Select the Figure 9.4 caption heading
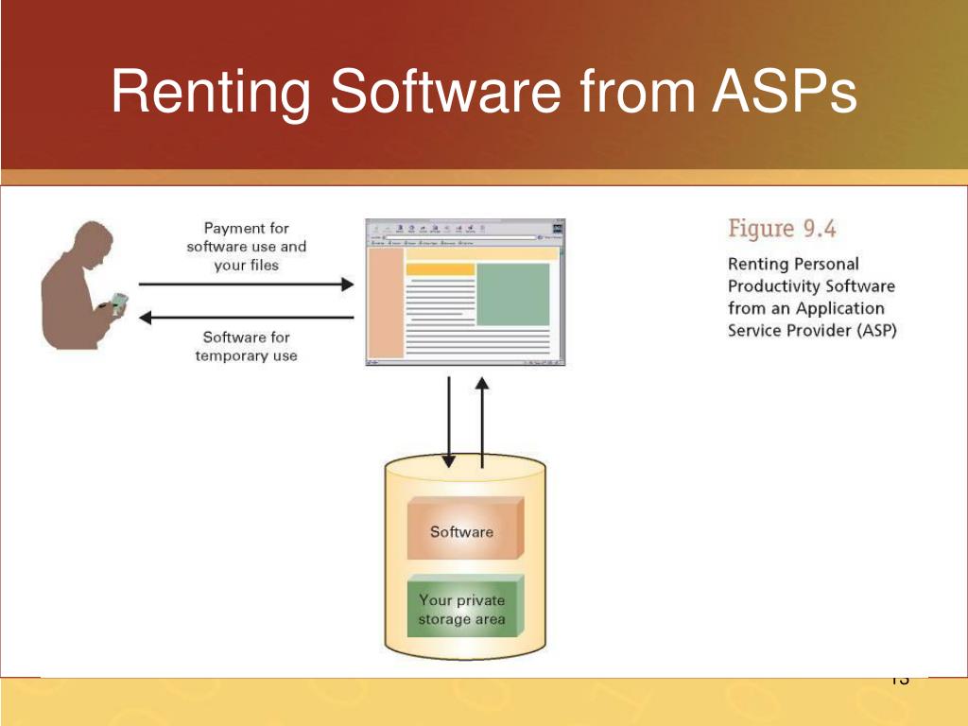click(782, 229)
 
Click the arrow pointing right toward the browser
click(246, 284)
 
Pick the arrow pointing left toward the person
click(246, 318)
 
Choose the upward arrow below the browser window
click(482, 422)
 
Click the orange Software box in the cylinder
click(462, 530)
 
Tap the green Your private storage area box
click(462, 609)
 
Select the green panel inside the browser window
click(512, 294)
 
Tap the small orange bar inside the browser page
click(440, 269)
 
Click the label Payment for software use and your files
click(246, 247)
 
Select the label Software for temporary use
click(246, 346)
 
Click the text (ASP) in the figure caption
click(874, 330)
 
